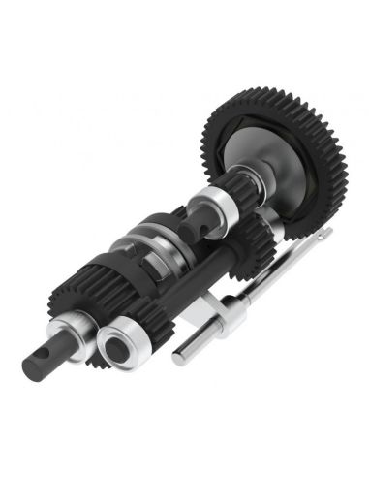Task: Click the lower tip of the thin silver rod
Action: pyautogui.click(x=180, y=362)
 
